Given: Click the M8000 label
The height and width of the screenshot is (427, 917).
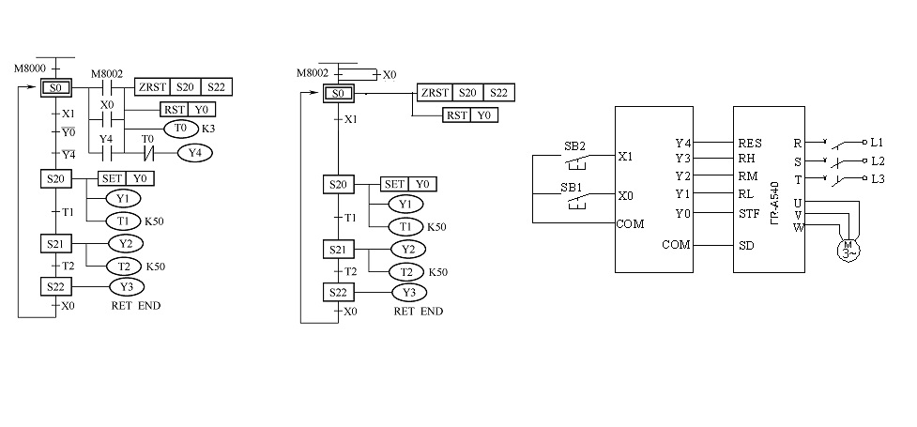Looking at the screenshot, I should tap(28, 69).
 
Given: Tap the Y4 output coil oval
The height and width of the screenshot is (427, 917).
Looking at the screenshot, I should tap(194, 152).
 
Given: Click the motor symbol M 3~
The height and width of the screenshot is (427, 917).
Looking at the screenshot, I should tap(848, 248).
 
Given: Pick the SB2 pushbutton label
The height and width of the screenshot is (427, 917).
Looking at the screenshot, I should tap(573, 147).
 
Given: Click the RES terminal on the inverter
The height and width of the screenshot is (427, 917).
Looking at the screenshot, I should tap(750, 144).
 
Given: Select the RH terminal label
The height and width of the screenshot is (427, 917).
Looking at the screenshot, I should tap(747, 160).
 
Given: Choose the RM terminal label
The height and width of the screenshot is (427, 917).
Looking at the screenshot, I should tap(748, 177).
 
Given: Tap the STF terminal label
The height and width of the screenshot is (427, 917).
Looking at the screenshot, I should tap(749, 212).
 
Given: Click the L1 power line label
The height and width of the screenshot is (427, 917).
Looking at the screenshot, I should tap(878, 143).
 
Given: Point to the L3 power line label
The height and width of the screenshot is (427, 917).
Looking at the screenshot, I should tap(878, 178).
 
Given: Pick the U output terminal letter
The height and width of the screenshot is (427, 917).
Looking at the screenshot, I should tap(798, 202).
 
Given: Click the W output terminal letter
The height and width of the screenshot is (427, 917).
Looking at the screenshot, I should tap(798, 226).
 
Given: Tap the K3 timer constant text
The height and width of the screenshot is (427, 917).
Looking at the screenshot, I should tap(208, 128).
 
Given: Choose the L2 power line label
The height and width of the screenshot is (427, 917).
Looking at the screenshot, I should tap(878, 160).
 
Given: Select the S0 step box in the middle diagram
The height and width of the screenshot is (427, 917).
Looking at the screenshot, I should tap(338, 93).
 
